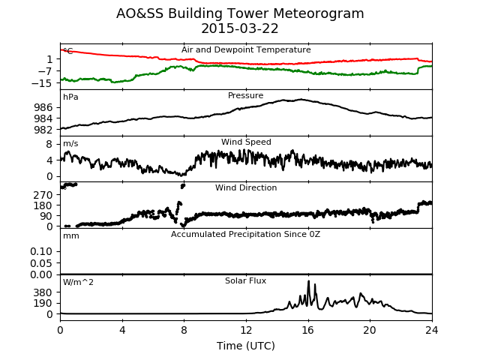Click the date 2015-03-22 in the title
coord(240,28)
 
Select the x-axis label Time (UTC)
coord(246,346)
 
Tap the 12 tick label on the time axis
coord(246,330)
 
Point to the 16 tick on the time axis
coord(308,330)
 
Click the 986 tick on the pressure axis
coord(43,107)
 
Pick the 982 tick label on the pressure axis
coord(43,130)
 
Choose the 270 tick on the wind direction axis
coord(43,195)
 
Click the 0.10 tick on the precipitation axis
coord(41,251)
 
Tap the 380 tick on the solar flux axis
coord(43,292)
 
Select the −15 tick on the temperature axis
coord(42,83)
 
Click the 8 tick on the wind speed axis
coord(49,144)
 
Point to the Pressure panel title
coord(245,95)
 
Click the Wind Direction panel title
coord(246,187)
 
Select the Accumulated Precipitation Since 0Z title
coord(245,234)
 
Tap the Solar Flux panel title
coord(245,280)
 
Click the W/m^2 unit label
coord(78,282)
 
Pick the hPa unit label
coord(70,97)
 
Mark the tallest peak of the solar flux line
coord(308,281)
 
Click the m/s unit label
coord(70,143)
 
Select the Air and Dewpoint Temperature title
coord(246,49)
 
